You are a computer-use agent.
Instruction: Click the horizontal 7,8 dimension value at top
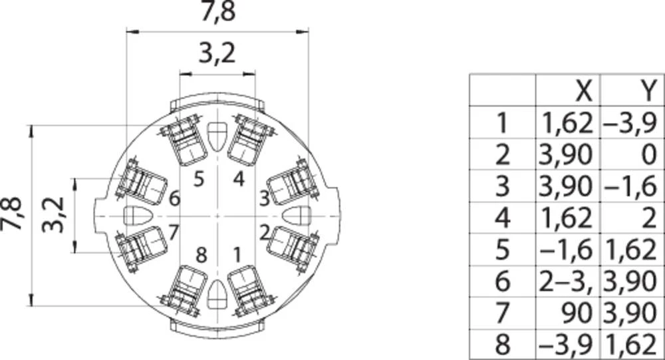click(217, 12)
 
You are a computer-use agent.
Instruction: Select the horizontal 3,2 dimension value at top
click(217, 53)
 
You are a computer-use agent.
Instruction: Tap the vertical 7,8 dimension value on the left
click(11, 213)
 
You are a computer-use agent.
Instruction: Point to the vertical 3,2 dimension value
click(53, 215)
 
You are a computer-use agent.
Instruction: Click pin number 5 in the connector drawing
click(198, 179)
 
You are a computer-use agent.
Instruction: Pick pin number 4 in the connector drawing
click(239, 179)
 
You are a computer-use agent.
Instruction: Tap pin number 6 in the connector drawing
click(174, 199)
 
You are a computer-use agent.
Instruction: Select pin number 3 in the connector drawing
click(264, 198)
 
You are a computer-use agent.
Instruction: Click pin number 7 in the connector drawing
click(174, 232)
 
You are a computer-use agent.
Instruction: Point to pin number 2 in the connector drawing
click(265, 233)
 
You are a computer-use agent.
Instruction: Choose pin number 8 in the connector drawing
click(201, 255)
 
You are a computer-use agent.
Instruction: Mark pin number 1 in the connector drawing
click(237, 255)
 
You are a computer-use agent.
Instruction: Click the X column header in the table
click(584, 91)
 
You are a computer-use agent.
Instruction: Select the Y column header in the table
click(648, 91)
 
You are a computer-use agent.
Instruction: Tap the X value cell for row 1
click(567, 123)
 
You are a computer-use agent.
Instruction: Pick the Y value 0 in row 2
click(649, 154)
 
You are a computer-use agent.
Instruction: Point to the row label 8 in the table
click(503, 344)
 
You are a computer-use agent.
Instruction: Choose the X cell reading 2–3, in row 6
click(566, 281)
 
